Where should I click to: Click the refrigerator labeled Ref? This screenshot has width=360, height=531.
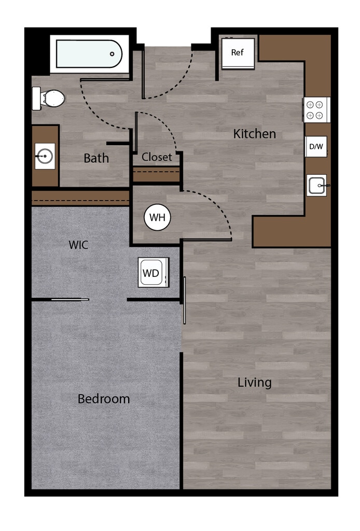coord(238,53)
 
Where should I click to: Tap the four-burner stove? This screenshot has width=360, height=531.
coord(315,110)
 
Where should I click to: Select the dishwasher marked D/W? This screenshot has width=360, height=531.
coord(316,147)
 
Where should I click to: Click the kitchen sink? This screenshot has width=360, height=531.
coord(317,185)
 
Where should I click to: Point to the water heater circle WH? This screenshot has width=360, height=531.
coord(158,217)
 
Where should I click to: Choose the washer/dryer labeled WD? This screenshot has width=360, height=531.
coord(154,272)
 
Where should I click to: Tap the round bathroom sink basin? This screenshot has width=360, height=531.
coord(45,157)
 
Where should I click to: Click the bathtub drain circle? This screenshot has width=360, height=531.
coord(112,54)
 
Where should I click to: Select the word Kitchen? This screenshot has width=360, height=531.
coord(254,134)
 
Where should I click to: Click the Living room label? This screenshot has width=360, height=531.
coord(254,383)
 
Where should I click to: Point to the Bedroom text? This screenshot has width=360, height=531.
coord(104,399)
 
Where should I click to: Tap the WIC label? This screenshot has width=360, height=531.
coord(78,245)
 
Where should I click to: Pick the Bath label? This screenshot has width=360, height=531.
coord(96,158)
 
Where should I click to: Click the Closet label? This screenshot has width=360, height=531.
coord(157,157)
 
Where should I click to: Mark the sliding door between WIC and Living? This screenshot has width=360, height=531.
coord(185,300)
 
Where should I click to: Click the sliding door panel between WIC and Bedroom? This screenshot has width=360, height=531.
coord(70,299)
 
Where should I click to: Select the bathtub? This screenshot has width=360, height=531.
coord(89,54)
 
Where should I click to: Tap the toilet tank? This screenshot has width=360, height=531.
coord(36,98)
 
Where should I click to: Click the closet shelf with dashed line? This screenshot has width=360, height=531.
coord(156,174)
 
